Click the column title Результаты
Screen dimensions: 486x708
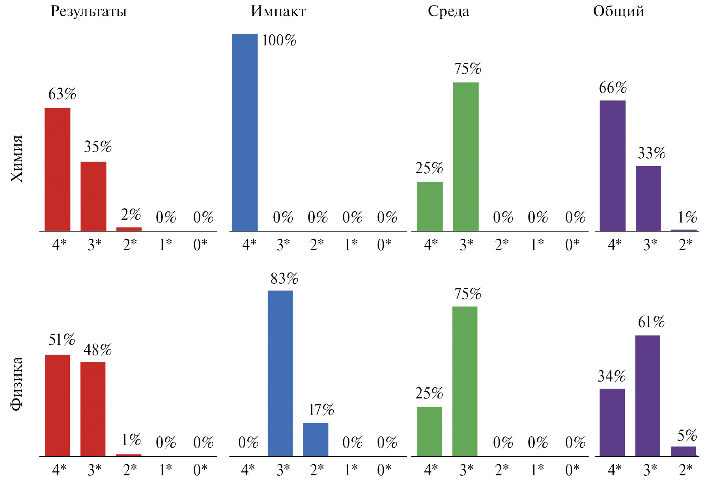(88, 12)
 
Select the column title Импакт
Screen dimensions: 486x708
(278, 12)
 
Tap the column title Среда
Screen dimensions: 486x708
(448, 12)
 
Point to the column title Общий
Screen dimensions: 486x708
(618, 12)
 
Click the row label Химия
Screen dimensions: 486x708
(17, 159)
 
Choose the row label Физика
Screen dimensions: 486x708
(17, 384)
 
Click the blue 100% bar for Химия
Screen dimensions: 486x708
(245, 132)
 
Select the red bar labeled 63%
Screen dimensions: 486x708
(57, 169)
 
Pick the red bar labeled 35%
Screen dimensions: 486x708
(93, 196)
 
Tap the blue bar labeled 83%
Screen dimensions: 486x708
(280, 373)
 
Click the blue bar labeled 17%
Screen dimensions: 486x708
(316, 439)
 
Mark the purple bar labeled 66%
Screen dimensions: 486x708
(613, 166)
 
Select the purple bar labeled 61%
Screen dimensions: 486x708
(648, 396)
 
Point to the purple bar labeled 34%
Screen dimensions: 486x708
(612, 422)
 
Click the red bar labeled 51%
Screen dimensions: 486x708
(57, 406)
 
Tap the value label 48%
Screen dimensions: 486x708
(97, 350)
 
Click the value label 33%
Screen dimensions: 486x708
(651, 153)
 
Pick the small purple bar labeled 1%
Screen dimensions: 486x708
(684, 230)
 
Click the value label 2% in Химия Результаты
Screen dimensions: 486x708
(131, 215)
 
